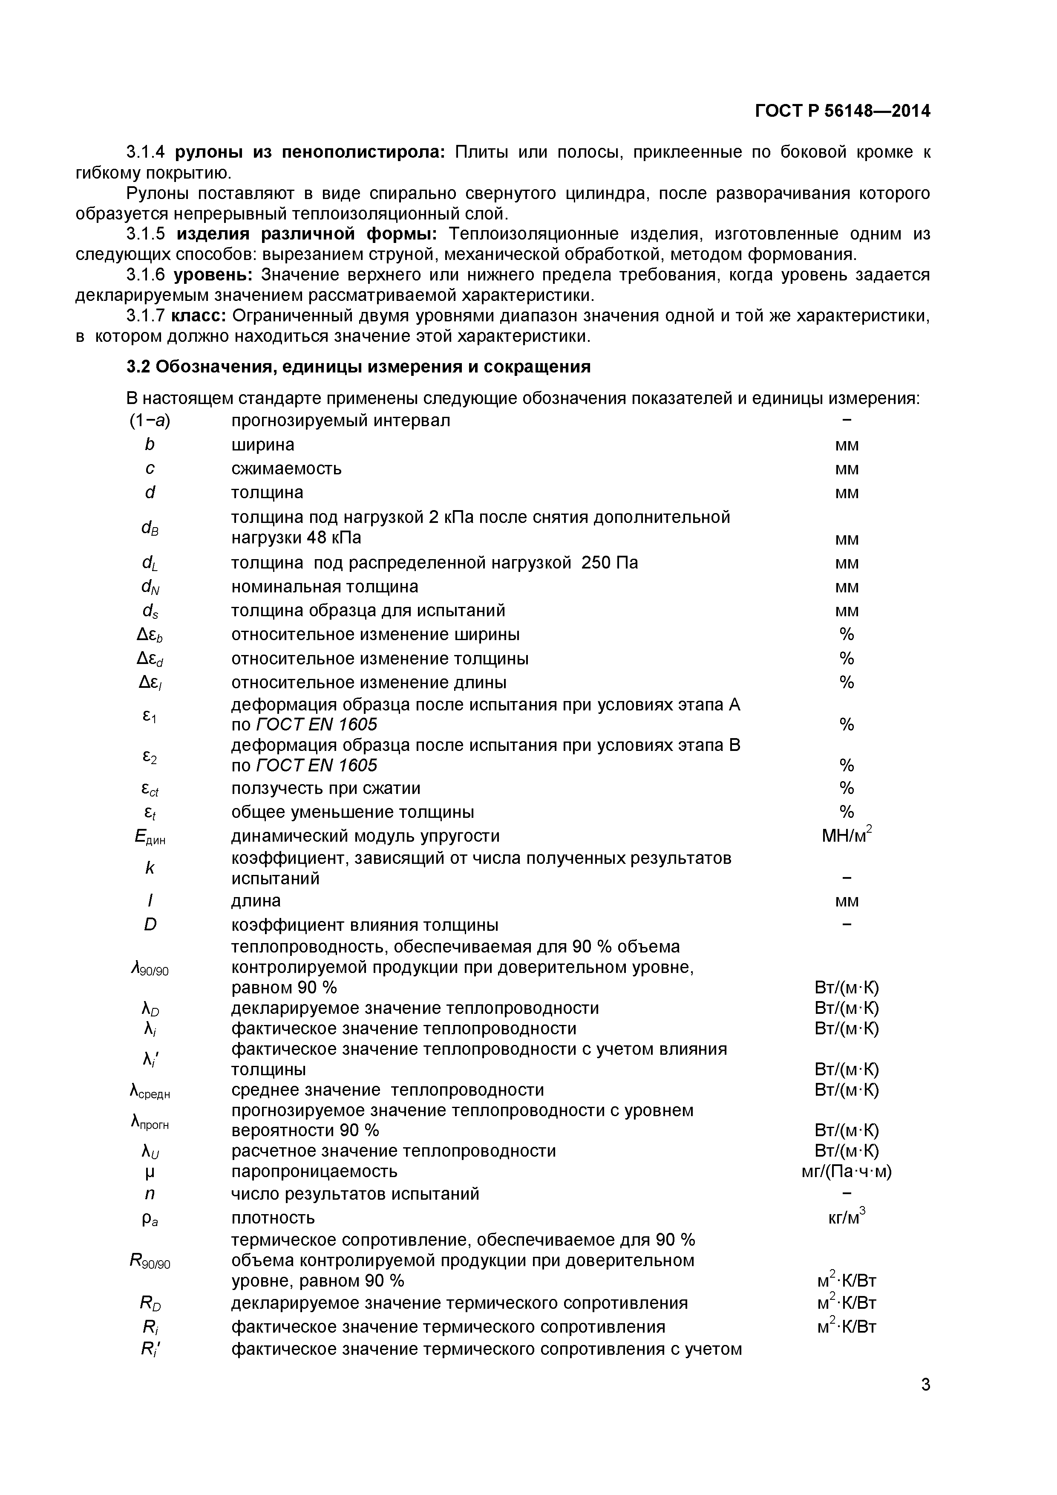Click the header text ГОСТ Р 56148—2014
[842, 111]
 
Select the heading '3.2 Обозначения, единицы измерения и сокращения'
[358, 367]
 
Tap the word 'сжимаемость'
[286, 469]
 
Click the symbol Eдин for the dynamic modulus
[150, 837]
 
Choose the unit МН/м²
[846, 835]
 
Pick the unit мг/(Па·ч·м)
[846, 1172]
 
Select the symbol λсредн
[150, 1091]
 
